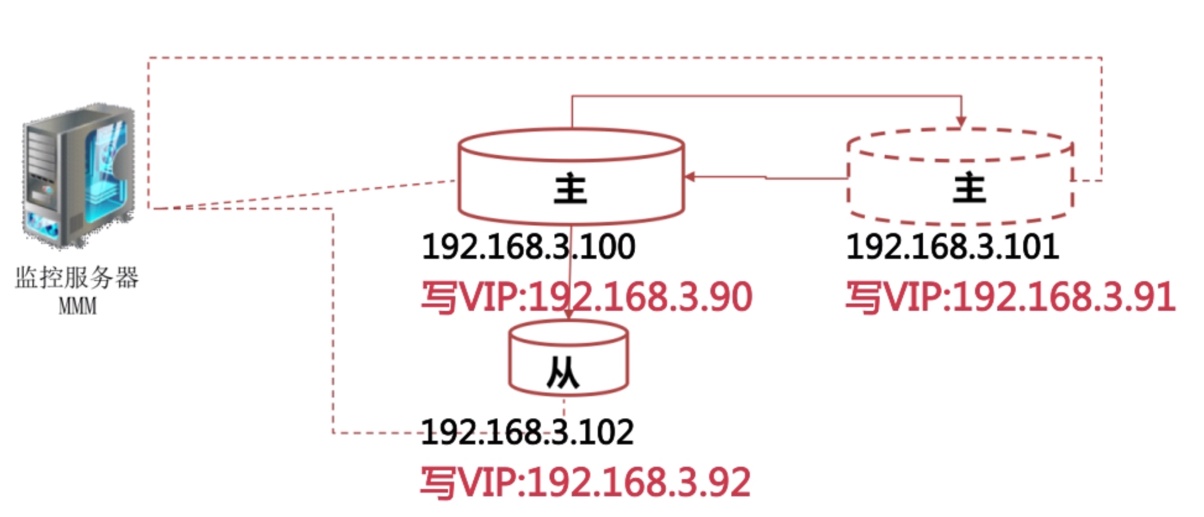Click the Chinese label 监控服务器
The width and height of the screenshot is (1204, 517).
[x=77, y=278]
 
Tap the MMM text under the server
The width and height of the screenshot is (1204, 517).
[x=78, y=307]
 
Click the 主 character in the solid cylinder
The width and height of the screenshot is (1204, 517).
[x=570, y=188]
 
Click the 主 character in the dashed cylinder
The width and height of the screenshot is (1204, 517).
[x=969, y=187]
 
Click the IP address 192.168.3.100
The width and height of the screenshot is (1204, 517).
[x=528, y=247]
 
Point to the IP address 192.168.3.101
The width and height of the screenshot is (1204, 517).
[x=953, y=247]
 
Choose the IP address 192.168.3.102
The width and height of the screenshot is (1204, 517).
[x=527, y=433]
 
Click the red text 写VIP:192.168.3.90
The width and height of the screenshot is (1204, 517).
[x=587, y=297]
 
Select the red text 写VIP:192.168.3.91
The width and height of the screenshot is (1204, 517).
[x=1010, y=297]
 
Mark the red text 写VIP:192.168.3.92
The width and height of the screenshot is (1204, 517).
[x=585, y=482]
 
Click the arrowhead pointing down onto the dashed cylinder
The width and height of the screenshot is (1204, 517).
[x=961, y=122]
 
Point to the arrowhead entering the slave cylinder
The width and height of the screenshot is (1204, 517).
[x=568, y=315]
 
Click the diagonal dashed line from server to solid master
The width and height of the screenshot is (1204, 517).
[x=304, y=195]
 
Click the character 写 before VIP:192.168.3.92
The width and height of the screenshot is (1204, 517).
[x=438, y=483]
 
